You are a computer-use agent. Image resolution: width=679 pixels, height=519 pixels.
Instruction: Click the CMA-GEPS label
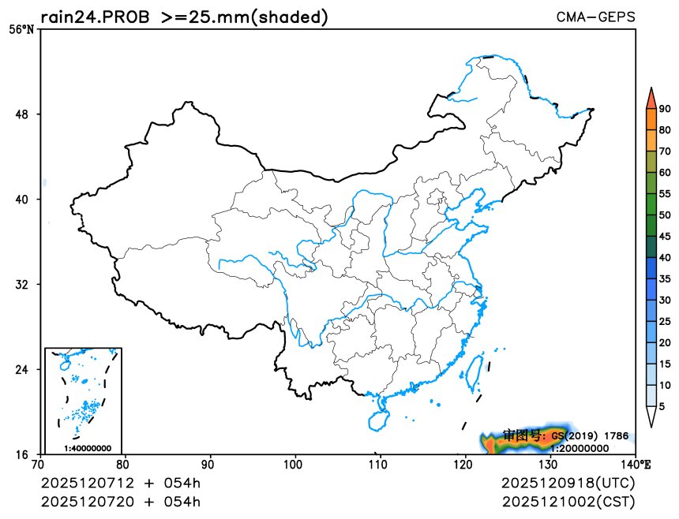coord(596,17)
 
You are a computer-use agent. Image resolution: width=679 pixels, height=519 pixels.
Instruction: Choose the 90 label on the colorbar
coord(665,109)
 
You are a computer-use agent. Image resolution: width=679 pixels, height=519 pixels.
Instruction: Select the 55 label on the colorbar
coord(665,193)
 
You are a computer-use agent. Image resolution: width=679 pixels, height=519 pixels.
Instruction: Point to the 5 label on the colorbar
coord(662,406)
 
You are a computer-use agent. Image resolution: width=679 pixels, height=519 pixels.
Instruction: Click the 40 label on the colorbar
coord(665,257)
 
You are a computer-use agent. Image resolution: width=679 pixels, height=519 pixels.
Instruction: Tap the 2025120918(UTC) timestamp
coord(568,483)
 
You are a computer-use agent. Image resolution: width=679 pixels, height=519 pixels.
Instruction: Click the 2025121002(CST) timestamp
coord(568,502)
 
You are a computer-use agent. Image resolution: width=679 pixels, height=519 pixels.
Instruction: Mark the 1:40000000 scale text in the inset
coord(87,448)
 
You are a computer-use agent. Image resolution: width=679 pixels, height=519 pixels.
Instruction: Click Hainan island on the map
coord(378,416)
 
